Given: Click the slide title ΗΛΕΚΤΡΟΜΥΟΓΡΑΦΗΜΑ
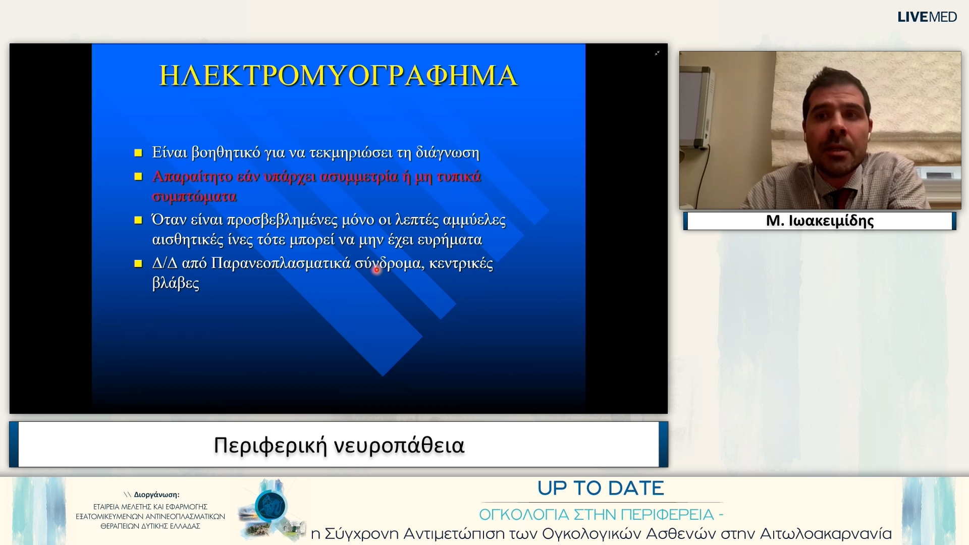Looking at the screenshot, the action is click(x=338, y=76).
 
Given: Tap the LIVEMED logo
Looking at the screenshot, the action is click(x=927, y=17).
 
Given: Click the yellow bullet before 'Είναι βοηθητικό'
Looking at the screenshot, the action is click(x=138, y=153).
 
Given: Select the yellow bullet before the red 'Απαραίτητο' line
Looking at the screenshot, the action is click(x=138, y=177).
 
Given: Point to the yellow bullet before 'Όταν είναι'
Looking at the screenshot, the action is click(x=138, y=220).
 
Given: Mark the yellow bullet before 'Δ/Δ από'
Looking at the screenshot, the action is click(x=138, y=263).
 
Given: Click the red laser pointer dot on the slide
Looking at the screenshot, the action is click(x=376, y=270).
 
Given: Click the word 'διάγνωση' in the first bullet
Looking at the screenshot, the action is click(x=447, y=153).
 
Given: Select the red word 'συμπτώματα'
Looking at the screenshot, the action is click(x=194, y=196).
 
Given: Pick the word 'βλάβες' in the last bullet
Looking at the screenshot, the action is click(x=176, y=283).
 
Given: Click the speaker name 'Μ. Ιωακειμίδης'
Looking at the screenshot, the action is click(x=820, y=221).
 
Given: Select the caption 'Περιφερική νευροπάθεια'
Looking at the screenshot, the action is click(x=339, y=446).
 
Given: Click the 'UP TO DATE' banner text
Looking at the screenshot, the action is click(x=601, y=488).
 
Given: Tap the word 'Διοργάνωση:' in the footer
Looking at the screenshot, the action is click(x=156, y=495).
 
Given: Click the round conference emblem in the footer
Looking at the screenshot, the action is click(x=271, y=507).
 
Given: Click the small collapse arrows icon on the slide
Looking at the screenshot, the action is click(x=657, y=53).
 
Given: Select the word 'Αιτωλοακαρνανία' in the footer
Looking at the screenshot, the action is click(x=826, y=534).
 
